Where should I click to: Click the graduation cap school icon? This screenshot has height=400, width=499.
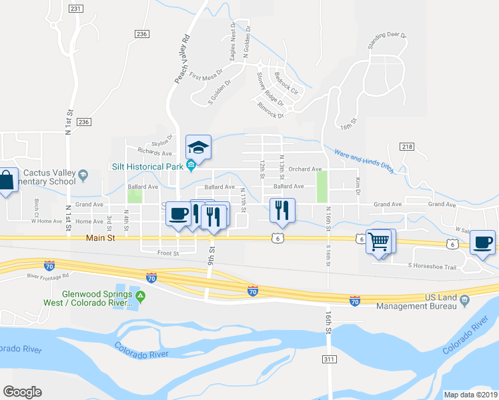pos(198,146)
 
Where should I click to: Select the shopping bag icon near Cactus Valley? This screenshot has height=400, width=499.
pos(5,181)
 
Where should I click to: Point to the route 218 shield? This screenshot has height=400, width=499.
pos(408,146)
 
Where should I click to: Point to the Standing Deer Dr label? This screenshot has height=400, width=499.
pos(388,41)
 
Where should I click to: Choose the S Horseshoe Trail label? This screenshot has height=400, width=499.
pos(432,266)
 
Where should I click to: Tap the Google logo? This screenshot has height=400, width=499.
pos(22,392)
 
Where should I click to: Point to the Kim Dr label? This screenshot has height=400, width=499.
pos(358,181)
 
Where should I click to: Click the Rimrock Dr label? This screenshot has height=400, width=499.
pos(270,110)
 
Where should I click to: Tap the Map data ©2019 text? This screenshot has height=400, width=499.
pos(470,395)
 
